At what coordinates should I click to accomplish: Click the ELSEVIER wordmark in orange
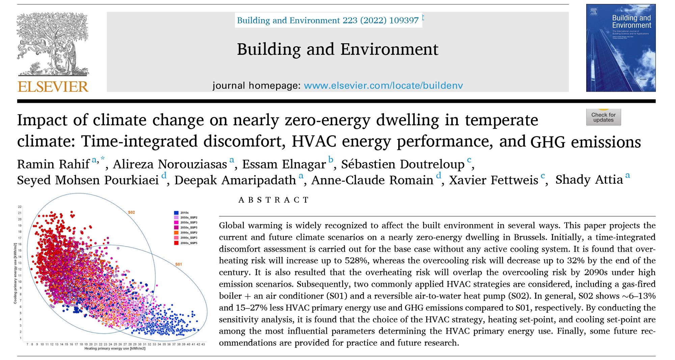pyautogui.click(x=53, y=87)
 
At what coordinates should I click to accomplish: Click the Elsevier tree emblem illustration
pyautogui.click(x=53, y=44)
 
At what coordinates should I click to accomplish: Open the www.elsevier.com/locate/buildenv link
pyautogui.click(x=383, y=85)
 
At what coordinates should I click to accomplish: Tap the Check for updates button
pyautogui.click(x=603, y=117)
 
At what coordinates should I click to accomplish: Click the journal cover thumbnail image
pyautogui.click(x=621, y=48)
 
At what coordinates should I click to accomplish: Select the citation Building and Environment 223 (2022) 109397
pyautogui.click(x=328, y=20)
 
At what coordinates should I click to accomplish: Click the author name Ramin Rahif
pyautogui.click(x=53, y=164)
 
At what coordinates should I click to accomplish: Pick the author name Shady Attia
pyautogui.click(x=589, y=180)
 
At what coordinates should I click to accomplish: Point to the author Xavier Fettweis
pyautogui.click(x=493, y=180)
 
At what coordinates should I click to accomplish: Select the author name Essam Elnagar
pyautogui.click(x=284, y=164)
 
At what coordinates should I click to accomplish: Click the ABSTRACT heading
pyautogui.click(x=273, y=200)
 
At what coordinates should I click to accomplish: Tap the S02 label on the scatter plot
pyautogui.click(x=131, y=212)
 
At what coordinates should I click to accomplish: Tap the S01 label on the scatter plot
pyautogui.click(x=179, y=264)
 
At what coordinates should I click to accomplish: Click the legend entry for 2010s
pyautogui.click(x=184, y=213)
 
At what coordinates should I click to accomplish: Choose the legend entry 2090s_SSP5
pyautogui.click(x=189, y=243)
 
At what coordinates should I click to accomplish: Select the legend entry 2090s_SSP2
pyautogui.click(x=189, y=233)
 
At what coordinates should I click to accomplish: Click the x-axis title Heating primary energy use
pyautogui.click(x=115, y=349)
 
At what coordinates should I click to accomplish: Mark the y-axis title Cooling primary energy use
pyautogui.click(x=15, y=273)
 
